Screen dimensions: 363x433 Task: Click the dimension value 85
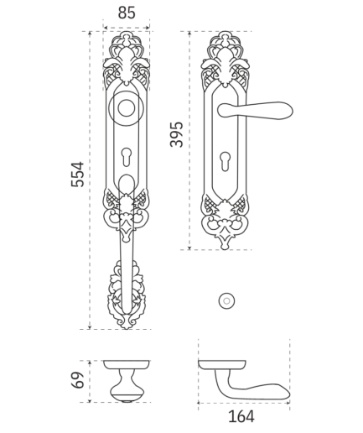[127, 13]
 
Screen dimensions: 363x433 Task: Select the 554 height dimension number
[77, 174]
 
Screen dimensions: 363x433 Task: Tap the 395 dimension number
[176, 134]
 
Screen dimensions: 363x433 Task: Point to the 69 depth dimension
[77, 380]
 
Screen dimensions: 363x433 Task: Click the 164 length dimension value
[241, 416]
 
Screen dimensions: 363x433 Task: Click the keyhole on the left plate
[127, 156]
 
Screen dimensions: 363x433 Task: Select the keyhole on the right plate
[225, 161]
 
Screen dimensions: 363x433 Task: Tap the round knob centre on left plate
[127, 108]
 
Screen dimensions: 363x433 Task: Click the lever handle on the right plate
[255, 110]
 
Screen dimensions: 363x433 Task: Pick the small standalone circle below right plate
[226, 301]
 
